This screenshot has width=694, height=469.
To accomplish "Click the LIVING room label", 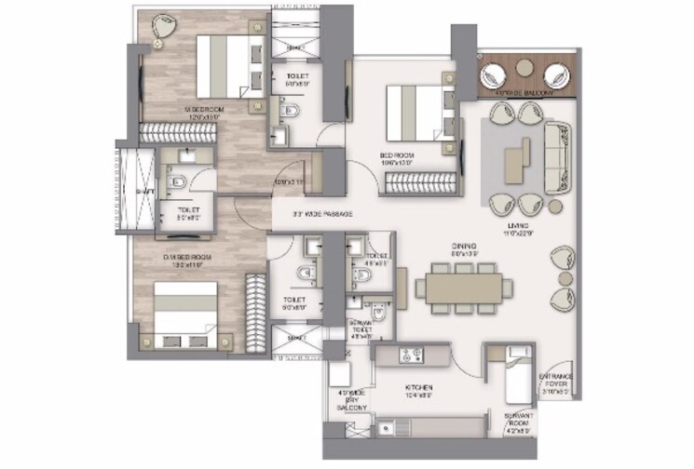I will click(x=520, y=226).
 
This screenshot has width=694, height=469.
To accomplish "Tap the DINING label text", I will click(x=464, y=246).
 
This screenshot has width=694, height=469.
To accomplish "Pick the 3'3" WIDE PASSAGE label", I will click(x=323, y=214).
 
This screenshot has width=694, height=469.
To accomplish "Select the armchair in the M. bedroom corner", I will click(x=160, y=28).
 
